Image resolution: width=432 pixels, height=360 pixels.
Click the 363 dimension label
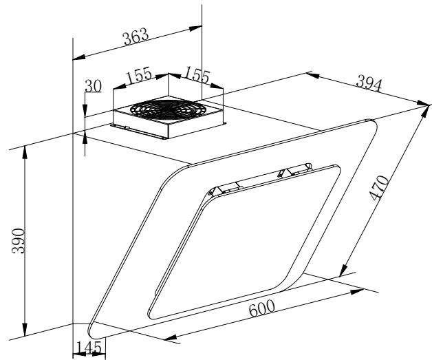[x=136, y=36]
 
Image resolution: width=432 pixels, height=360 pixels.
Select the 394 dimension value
[x=369, y=83]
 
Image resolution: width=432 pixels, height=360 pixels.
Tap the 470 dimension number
[x=380, y=188]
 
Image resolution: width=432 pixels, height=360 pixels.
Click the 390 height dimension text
[x=19, y=241]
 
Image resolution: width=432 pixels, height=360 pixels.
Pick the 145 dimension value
[x=89, y=348]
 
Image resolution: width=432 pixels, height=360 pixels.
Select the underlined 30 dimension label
[x=93, y=86]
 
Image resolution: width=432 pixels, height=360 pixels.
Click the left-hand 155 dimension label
[x=138, y=75]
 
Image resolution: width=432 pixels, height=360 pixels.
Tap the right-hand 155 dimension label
[x=197, y=74]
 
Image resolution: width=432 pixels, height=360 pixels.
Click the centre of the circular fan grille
[x=168, y=109]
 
